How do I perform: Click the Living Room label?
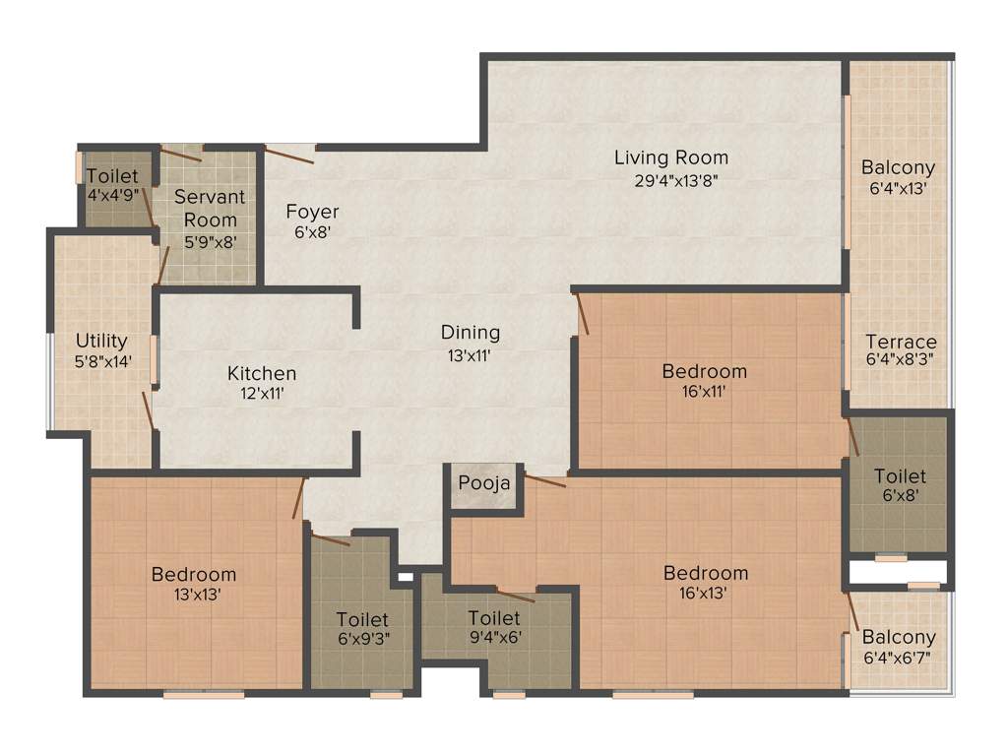click(671, 157)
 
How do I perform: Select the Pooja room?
click(484, 484)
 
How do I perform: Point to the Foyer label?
click(312, 212)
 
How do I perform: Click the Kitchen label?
click(262, 373)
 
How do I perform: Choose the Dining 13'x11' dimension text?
click(471, 355)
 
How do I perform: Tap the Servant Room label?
click(210, 208)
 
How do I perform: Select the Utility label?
click(101, 341)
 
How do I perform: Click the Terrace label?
click(900, 343)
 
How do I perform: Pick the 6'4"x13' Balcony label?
click(898, 167)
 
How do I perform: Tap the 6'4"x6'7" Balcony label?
click(898, 638)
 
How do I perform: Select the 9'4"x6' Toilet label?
click(494, 618)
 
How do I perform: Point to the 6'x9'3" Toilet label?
click(362, 620)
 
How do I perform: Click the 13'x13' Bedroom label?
click(194, 574)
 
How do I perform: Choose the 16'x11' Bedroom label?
click(704, 371)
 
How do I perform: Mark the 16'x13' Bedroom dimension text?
click(706, 594)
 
